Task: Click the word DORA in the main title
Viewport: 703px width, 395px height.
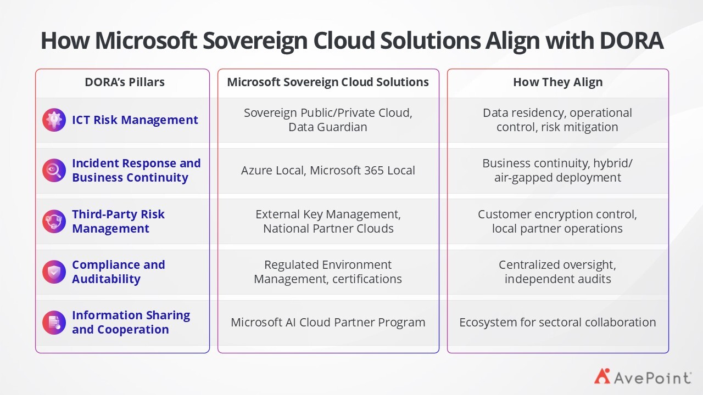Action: pyautogui.click(x=632, y=41)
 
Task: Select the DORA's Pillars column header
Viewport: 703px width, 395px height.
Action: pyautogui.click(x=125, y=82)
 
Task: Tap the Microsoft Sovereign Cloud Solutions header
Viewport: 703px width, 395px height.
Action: pyautogui.click(x=328, y=82)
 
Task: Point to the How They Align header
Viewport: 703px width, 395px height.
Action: pyautogui.click(x=557, y=82)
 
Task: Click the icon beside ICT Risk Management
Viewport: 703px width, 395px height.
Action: pyautogui.click(x=54, y=120)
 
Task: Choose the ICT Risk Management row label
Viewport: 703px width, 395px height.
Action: pyautogui.click(x=135, y=120)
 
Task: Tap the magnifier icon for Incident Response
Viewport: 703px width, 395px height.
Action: pyautogui.click(x=54, y=170)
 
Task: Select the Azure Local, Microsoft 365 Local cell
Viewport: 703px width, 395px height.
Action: pyautogui.click(x=328, y=171)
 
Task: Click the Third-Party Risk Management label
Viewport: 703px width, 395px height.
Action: pyautogui.click(x=118, y=221)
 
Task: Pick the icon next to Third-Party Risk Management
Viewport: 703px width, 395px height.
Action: pyautogui.click(x=54, y=221)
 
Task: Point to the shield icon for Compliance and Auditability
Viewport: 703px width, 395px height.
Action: pyautogui.click(x=54, y=272)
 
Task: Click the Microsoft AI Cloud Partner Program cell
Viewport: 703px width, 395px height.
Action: pyautogui.click(x=328, y=323)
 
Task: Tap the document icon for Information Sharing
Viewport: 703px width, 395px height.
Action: pyautogui.click(x=54, y=323)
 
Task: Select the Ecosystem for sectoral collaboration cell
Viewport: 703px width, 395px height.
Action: pyautogui.click(x=557, y=323)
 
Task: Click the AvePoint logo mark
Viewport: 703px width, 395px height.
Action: pyautogui.click(x=602, y=376)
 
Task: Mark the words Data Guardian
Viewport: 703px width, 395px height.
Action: pyautogui.click(x=328, y=127)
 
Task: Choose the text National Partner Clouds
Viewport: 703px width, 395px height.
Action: pyautogui.click(x=328, y=229)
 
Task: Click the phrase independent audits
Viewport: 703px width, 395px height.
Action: pyautogui.click(x=557, y=279)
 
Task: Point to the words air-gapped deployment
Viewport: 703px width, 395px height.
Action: pyautogui.click(x=557, y=178)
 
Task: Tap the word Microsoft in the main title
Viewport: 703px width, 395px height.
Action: pyautogui.click(x=146, y=41)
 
